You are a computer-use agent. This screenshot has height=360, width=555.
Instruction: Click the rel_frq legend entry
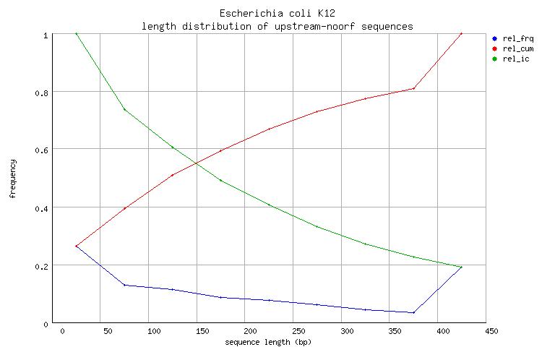[515, 38]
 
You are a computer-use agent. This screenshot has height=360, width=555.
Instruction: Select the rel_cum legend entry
[515, 48]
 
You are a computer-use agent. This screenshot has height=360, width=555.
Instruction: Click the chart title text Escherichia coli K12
[277, 14]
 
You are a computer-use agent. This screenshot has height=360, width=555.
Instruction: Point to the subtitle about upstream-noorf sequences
[277, 26]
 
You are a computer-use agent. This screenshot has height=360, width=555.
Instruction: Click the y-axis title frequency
[13, 179]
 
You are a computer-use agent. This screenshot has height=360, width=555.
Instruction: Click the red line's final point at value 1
[461, 33]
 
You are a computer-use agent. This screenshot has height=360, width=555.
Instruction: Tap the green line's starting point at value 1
[76, 33]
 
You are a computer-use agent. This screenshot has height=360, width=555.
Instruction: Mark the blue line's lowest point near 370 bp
[413, 313]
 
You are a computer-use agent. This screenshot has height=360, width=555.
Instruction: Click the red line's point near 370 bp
[413, 88]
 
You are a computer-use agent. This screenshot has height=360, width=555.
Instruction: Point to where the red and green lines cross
[196, 163]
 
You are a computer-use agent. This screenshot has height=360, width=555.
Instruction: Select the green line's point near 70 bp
[124, 110]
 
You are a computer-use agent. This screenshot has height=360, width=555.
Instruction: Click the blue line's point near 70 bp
[124, 285]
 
